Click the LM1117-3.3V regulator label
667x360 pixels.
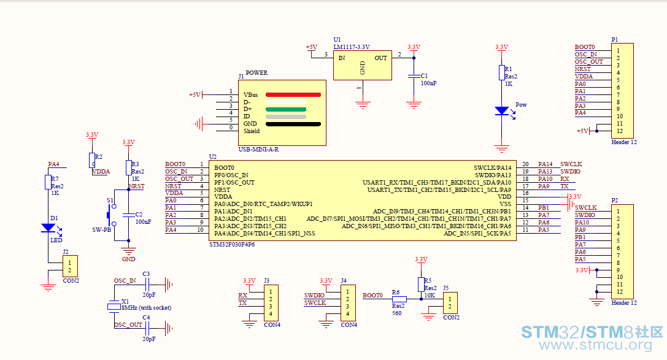point(352,47)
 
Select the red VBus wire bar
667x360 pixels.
point(293,95)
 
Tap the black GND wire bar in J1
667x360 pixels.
point(293,124)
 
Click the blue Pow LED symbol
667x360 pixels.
point(503,111)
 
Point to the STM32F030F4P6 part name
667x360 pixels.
point(232,244)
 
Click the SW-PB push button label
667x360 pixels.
point(101,230)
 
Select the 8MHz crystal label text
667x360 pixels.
point(146,307)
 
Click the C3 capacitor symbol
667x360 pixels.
point(147,285)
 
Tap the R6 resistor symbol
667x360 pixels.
point(399,299)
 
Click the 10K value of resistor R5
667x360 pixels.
point(430,296)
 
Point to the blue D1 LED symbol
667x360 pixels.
point(48,228)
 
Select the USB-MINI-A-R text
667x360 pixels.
point(258,150)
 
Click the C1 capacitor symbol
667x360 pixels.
point(414,76)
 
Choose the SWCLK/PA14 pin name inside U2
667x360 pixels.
point(493,168)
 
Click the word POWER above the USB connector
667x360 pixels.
point(257,73)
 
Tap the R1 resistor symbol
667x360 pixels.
point(502,73)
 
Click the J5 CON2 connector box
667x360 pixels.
point(450,303)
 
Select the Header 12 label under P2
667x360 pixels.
point(624,302)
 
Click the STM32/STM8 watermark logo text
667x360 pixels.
point(592,332)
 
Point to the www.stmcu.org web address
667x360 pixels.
point(596,345)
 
